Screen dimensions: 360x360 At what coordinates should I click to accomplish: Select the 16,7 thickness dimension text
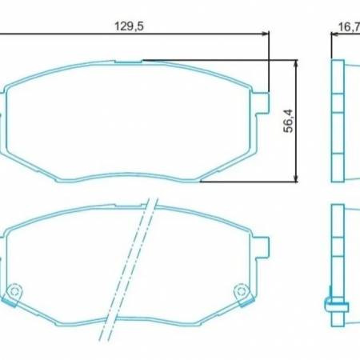pos(347,26)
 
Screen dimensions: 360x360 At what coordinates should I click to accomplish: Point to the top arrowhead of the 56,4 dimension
pos(298,62)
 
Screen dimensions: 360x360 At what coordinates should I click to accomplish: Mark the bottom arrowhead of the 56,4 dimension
pos(298,177)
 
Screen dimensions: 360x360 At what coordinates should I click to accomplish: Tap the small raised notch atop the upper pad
pos(128,61)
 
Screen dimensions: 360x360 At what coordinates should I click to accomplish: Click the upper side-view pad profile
pos(338,120)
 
